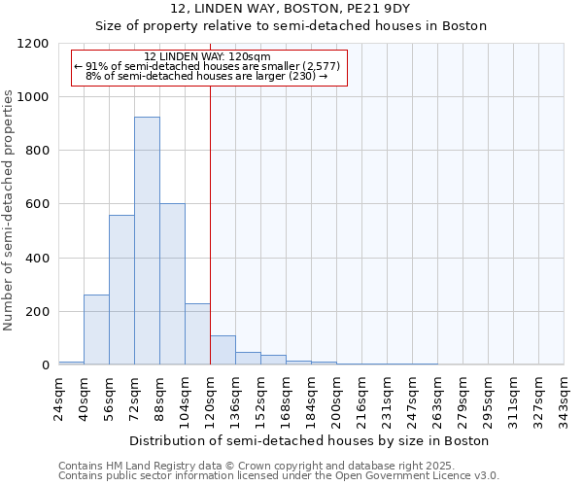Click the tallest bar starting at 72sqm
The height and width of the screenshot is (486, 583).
click(147, 241)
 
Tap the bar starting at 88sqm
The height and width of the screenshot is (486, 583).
click(172, 284)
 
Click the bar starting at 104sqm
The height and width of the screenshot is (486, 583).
click(197, 334)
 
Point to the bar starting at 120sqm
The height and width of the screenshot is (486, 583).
click(223, 350)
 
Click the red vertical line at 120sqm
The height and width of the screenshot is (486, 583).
click(210, 224)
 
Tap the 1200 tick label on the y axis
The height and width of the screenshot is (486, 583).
click(34, 44)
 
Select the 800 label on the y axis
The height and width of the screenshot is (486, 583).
click(38, 151)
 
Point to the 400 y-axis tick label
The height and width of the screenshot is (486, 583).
click(38, 259)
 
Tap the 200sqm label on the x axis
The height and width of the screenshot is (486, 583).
click(336, 398)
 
